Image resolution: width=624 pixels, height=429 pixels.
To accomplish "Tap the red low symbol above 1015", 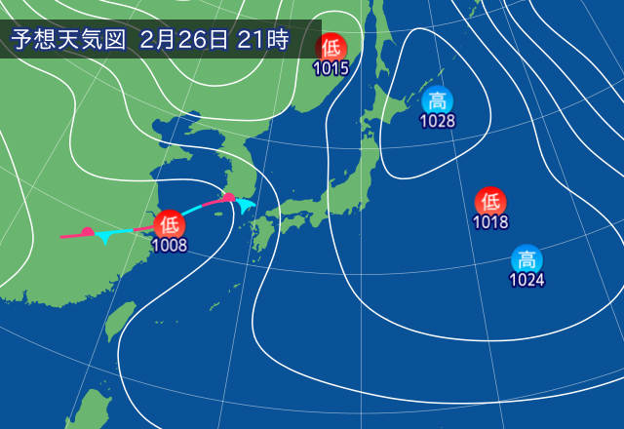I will [331, 46].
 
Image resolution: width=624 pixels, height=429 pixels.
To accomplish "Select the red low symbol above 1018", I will [490, 202].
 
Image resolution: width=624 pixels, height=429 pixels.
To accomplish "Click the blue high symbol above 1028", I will [438, 99].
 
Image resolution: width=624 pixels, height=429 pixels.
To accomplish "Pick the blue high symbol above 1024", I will [526, 259].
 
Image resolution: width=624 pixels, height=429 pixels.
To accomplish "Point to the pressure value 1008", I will [168, 246].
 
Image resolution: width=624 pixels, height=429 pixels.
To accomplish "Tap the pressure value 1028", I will [438, 121].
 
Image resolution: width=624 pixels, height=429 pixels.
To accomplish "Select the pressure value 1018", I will [490, 222].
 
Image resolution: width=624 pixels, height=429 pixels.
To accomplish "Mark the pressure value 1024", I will [526, 281].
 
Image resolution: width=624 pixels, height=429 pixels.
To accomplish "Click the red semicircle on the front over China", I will [87, 232].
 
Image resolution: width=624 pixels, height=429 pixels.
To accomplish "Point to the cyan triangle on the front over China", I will [104, 238].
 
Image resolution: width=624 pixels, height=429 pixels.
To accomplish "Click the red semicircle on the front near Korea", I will [228, 198].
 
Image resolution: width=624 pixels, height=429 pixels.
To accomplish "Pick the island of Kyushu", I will [260, 234].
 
